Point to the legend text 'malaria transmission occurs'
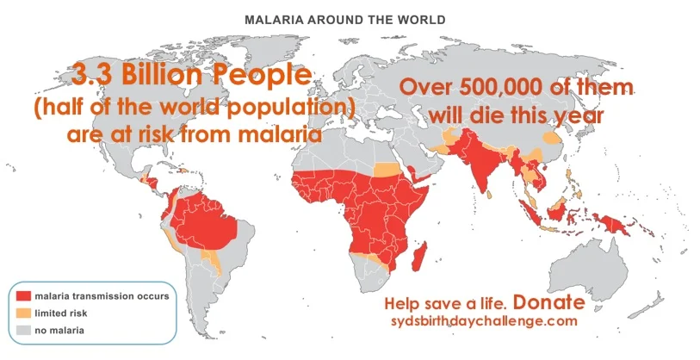tap(102, 296)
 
